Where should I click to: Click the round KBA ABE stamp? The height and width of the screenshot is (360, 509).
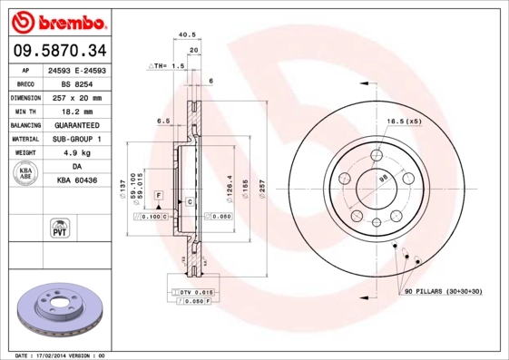(24, 175)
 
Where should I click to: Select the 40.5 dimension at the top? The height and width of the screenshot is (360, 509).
(188, 35)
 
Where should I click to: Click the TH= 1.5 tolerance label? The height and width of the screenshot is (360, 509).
(170, 67)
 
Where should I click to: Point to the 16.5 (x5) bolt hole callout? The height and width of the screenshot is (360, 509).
(404, 122)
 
